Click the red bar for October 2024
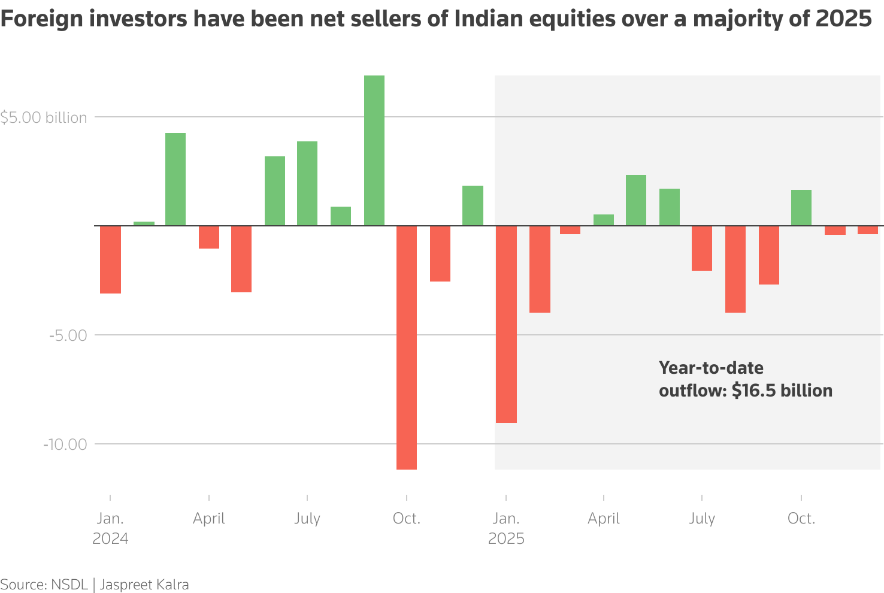(x=407, y=347)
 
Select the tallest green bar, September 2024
(x=374, y=150)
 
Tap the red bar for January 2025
(x=506, y=324)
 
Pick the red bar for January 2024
(x=110, y=259)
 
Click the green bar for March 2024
(x=175, y=179)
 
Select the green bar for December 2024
(x=473, y=205)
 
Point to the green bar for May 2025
(x=636, y=200)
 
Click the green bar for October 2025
(x=801, y=207)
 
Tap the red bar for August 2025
(x=735, y=269)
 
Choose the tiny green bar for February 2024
(x=144, y=223)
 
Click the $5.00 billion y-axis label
(x=44, y=117)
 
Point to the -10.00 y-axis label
(x=65, y=444)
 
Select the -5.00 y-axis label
(x=68, y=335)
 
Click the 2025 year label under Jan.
(x=506, y=538)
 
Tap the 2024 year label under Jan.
(x=110, y=538)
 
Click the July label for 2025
(x=702, y=518)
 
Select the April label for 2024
(x=209, y=518)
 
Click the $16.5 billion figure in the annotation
(x=782, y=391)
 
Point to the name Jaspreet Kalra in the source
(x=144, y=585)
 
